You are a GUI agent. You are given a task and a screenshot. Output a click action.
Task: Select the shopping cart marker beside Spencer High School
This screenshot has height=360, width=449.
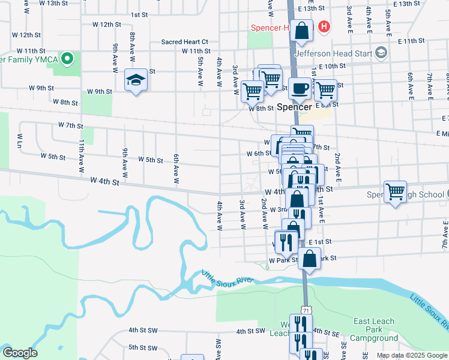coord(395,192)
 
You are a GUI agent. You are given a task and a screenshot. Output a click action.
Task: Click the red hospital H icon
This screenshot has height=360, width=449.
coord(324,26)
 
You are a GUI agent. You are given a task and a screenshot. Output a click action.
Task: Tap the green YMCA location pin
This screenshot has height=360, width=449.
coord(68,59)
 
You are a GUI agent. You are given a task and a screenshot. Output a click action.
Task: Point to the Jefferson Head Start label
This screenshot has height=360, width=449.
coord(339,53)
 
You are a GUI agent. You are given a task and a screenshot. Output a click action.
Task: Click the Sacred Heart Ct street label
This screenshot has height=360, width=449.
coord(184,42)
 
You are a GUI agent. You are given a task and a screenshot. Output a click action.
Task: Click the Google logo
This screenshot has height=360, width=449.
coord(19,353)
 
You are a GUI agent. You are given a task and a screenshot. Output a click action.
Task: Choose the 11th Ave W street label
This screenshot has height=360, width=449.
coord(81,157)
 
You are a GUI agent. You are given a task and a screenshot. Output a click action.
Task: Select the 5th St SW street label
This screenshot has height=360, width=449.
coord(142,347)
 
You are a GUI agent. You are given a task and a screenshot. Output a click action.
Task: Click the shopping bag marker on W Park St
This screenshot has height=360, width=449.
coord(309,259)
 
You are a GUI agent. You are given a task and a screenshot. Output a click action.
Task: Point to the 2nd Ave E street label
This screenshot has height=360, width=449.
coord(337,167)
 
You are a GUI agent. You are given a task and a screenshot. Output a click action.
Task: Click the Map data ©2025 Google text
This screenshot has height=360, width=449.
coord(411,355)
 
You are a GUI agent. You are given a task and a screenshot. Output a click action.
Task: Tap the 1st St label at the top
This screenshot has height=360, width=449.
coord(139,14)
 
